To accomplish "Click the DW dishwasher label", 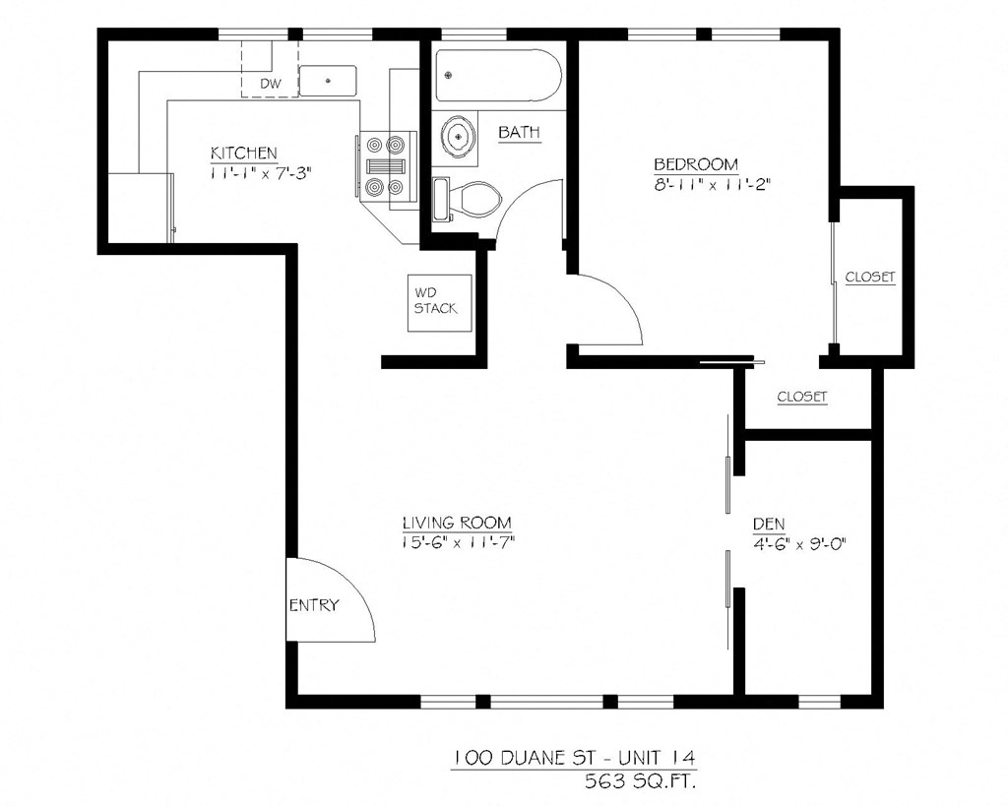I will click(271, 84).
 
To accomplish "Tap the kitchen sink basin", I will click(328, 80).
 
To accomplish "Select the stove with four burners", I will click(384, 166).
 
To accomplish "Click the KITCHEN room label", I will click(243, 154).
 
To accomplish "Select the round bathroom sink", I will click(457, 136).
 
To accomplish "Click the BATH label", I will click(519, 133).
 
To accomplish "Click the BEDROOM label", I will click(696, 163).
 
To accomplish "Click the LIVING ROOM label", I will click(456, 523).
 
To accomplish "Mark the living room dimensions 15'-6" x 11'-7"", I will click(458, 542).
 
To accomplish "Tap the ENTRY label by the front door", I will click(313, 605).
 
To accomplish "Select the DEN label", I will click(769, 524).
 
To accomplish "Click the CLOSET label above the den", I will click(802, 398).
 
